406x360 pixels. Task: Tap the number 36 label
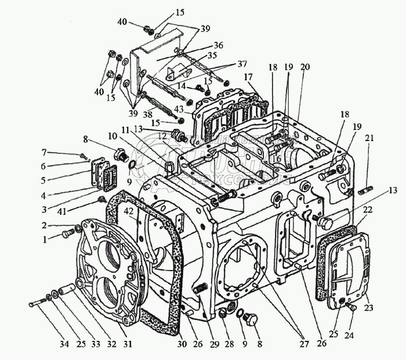(218, 45)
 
